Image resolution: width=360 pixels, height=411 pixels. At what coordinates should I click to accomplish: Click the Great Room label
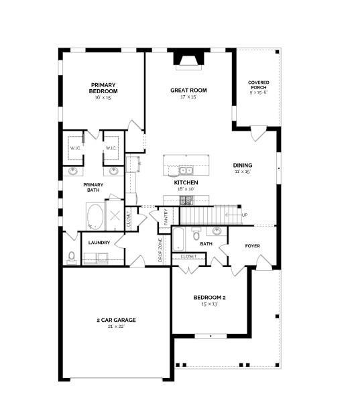tap(188, 91)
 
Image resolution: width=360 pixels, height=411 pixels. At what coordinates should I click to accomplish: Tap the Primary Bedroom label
tap(103, 88)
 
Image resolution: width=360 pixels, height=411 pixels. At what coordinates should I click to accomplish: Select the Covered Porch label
tap(259, 85)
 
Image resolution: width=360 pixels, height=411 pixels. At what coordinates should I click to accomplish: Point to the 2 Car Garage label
tap(117, 320)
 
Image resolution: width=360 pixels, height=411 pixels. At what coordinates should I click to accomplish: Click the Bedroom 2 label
tap(209, 298)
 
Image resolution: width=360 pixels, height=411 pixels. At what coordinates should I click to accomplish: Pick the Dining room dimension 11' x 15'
tap(243, 172)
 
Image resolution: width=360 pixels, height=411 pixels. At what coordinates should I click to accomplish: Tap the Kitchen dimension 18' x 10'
tap(186, 188)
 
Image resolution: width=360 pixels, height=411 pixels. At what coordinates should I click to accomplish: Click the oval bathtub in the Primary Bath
tap(95, 217)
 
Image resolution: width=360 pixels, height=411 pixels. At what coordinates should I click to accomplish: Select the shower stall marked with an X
tap(115, 215)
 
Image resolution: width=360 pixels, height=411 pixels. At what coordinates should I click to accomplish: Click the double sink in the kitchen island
tap(186, 171)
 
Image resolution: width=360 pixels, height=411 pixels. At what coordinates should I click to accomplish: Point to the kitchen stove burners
tap(186, 200)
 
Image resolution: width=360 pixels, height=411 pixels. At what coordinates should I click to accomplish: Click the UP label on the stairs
tap(245, 215)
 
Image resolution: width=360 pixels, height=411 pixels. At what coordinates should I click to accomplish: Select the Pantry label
tap(166, 217)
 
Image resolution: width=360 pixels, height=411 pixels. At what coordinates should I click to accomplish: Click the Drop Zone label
tap(160, 250)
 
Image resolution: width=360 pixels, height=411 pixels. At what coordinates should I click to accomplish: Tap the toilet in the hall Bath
tap(196, 235)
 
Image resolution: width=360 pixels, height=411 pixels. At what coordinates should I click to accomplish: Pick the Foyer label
tap(252, 246)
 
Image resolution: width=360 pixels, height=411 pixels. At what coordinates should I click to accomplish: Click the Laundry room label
tap(99, 243)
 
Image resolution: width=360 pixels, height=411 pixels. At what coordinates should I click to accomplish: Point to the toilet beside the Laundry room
tap(71, 257)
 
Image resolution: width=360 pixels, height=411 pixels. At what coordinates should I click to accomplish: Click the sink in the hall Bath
tap(217, 231)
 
